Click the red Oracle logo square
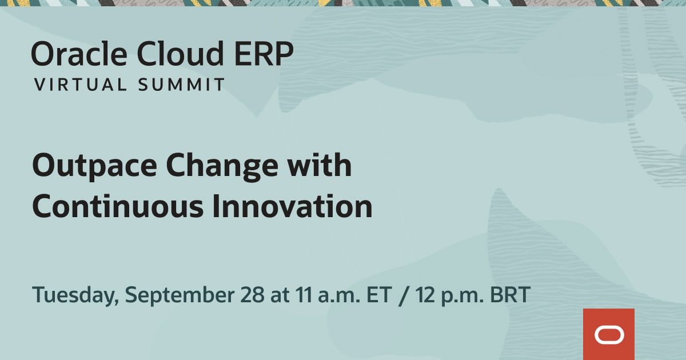pos(608,334)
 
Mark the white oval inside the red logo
pos(608,335)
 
